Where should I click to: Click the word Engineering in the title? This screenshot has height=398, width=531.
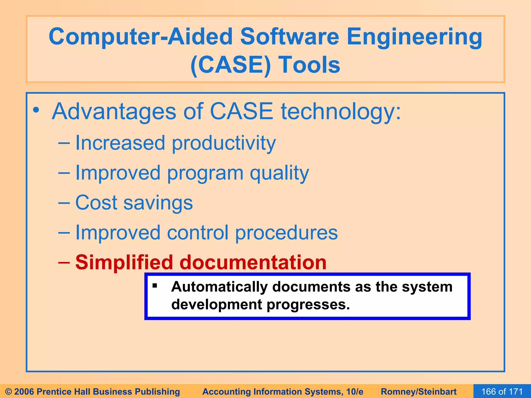tap(414, 37)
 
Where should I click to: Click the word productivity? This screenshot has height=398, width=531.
tap(223, 143)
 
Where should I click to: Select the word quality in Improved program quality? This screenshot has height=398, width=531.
tap(279, 173)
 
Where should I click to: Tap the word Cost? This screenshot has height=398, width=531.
tap(96, 203)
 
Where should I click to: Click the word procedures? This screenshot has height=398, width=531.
tap(286, 233)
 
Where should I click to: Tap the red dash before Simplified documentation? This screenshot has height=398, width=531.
tap(64, 262)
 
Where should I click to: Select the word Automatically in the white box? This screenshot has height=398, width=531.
tap(219, 287)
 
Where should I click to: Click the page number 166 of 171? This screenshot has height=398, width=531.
tap(502, 392)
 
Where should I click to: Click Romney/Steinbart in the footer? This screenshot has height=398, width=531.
tap(418, 392)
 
